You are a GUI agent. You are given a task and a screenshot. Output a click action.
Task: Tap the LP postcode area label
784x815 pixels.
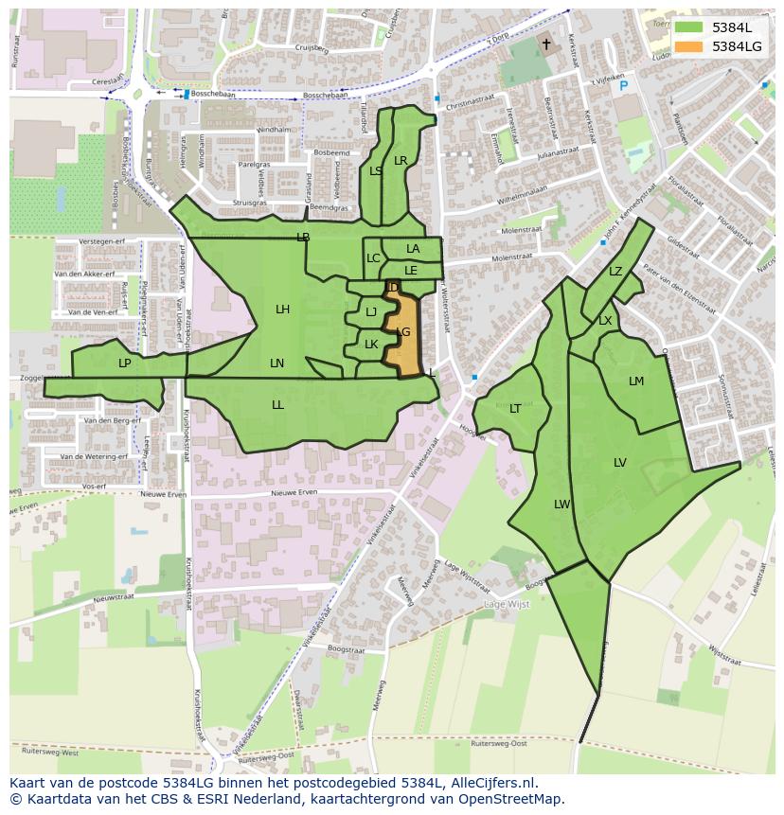pos(124,363)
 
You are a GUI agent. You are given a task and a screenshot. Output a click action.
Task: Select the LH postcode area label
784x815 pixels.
pos(282,310)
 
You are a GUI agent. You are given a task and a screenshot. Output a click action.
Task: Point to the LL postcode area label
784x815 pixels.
pos(277,405)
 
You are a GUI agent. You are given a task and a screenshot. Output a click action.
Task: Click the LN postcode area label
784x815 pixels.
pos(276,363)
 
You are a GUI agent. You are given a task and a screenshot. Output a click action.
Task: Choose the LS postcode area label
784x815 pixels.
pos(376,171)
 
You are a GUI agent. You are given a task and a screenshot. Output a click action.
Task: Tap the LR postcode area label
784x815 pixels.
pos(401,161)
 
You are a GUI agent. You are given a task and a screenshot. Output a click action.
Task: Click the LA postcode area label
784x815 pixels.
pos(413,249)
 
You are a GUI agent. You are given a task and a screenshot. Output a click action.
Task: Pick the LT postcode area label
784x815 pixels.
pos(515,409)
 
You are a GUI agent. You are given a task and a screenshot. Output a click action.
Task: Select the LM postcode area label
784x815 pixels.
pos(636,381)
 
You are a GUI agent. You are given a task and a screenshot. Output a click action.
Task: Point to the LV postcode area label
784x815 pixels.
pos(620,463)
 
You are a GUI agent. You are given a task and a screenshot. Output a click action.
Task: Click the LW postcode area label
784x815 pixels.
pos(562,505)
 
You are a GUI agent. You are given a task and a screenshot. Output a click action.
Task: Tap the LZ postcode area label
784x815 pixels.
pos(615,272)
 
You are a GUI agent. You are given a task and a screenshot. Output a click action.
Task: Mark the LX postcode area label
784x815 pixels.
pos(605,321)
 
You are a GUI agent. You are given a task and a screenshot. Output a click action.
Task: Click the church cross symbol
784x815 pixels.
pos(546,44)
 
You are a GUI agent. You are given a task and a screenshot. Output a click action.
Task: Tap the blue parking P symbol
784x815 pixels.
pos(623,86)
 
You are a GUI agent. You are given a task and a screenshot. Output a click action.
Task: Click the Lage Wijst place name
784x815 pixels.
pos(507,604)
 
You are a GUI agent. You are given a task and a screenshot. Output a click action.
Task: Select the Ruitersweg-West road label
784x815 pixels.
pos(44,754)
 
